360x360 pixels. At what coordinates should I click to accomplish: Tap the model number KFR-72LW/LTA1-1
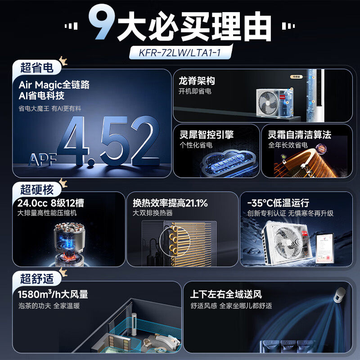pyautogui.click(x=180, y=53)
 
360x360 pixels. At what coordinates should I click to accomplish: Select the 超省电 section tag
pyautogui.click(x=37, y=68)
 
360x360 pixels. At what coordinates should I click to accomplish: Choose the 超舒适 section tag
pyautogui.click(x=37, y=279)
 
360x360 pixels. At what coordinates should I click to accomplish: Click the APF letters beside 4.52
pyautogui.click(x=43, y=159)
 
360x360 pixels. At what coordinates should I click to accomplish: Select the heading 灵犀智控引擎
pyautogui.click(x=207, y=135)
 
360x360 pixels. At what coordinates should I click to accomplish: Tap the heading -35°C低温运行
pyautogui.click(x=278, y=203)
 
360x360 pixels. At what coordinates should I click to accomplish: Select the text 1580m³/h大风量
pyautogui.click(x=53, y=295)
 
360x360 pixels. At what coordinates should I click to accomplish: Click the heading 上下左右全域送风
pyautogui.click(x=226, y=295)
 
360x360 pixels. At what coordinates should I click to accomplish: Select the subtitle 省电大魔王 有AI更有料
pyautogui.click(x=50, y=108)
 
